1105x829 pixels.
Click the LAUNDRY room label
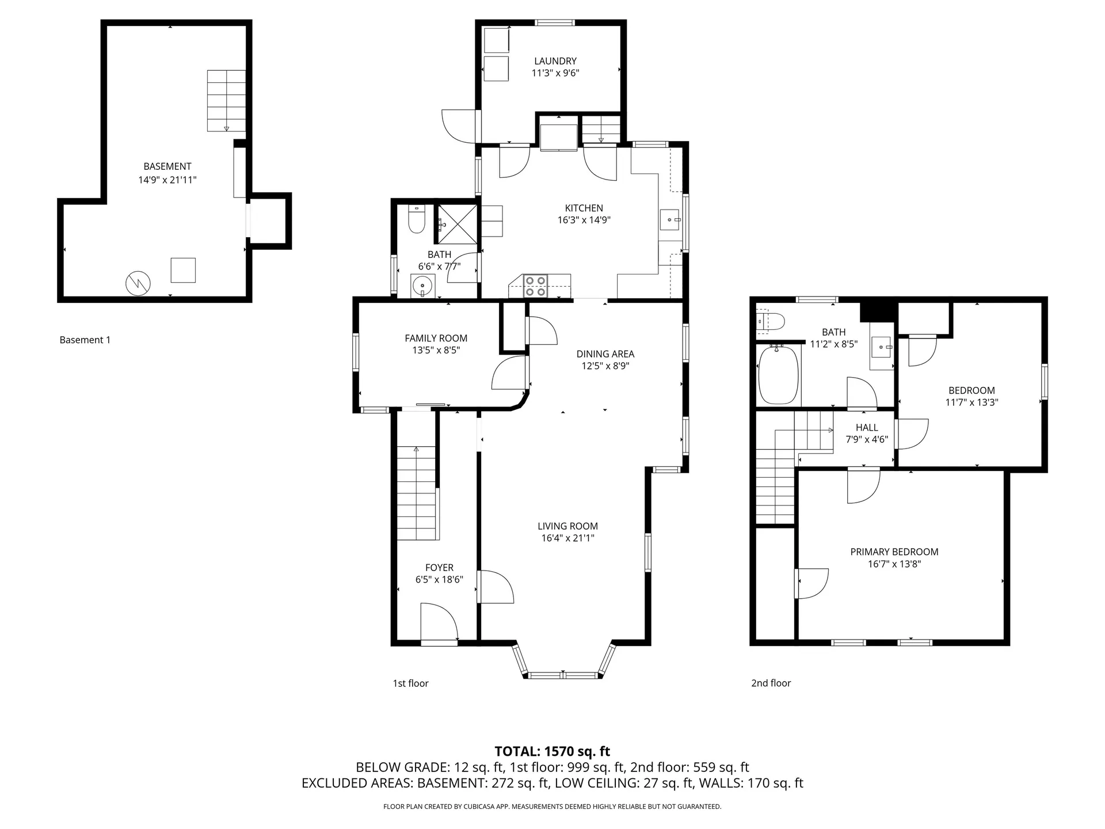pos(555,61)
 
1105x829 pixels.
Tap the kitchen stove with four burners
pos(535,286)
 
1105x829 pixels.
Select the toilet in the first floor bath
pos(416,219)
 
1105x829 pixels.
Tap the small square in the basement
pos(183,270)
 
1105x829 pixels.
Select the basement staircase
pos(226,101)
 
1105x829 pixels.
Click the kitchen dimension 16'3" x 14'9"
pos(584,220)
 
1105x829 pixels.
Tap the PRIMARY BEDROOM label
pos(894,552)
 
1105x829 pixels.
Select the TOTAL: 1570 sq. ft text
pos(552,751)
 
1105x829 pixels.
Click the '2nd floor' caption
pos(771,683)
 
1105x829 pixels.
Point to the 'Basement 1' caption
pos(85,340)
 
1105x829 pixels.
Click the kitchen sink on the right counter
pos(670,220)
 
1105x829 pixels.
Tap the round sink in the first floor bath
pos(423,285)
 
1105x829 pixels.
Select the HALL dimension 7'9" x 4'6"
pos(866,439)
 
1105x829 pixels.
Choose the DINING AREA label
pos(605,354)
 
